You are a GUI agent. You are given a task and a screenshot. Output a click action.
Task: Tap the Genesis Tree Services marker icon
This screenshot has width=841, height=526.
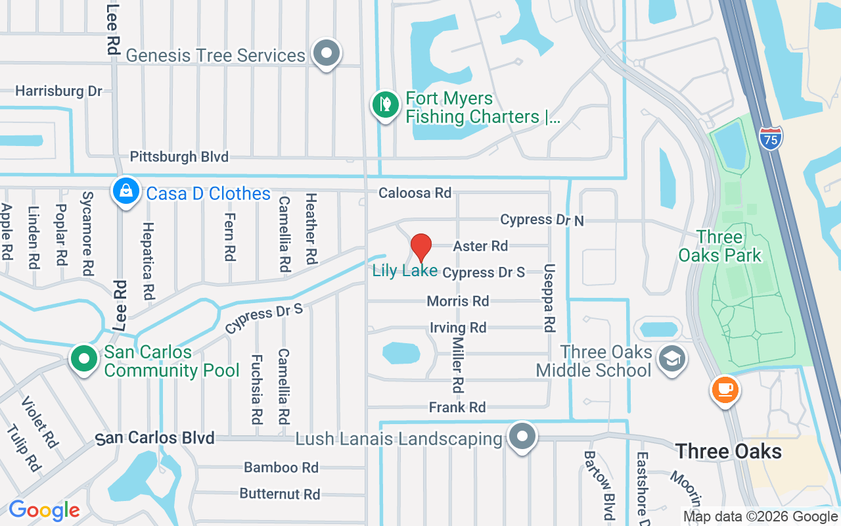[x=326, y=53]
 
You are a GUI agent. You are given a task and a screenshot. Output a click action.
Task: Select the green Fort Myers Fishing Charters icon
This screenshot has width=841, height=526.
[x=386, y=105]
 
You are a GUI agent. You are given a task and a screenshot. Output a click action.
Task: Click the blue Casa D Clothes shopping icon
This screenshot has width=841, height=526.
[x=124, y=191]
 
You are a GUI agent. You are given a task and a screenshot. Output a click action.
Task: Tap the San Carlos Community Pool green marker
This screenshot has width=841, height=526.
[x=84, y=360]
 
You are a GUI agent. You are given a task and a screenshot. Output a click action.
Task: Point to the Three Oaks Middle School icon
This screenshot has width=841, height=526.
[x=671, y=359]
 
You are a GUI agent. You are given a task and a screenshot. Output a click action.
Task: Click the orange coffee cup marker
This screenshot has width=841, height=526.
[x=725, y=390]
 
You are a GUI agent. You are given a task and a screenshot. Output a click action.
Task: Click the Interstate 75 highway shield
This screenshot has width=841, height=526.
[x=771, y=137]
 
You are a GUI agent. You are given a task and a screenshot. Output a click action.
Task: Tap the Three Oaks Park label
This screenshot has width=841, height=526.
[x=719, y=246]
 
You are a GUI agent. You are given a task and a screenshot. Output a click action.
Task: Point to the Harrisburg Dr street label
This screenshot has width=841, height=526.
[x=58, y=91]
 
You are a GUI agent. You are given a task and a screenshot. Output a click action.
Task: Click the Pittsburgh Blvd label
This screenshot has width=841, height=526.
[x=179, y=156]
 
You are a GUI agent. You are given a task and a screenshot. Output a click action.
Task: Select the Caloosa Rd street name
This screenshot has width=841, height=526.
[x=415, y=193]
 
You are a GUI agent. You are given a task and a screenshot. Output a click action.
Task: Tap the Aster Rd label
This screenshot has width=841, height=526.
[x=480, y=246]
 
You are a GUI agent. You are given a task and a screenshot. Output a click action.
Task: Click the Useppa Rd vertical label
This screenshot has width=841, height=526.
[x=549, y=298]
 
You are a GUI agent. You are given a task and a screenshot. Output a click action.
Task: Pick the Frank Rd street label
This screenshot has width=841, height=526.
[x=457, y=408]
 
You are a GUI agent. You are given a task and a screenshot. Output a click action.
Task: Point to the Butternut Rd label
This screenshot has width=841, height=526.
[x=279, y=494]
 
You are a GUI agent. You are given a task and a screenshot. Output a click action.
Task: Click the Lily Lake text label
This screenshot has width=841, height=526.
[x=405, y=270]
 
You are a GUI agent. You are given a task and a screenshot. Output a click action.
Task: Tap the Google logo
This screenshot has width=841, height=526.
[x=44, y=510]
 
